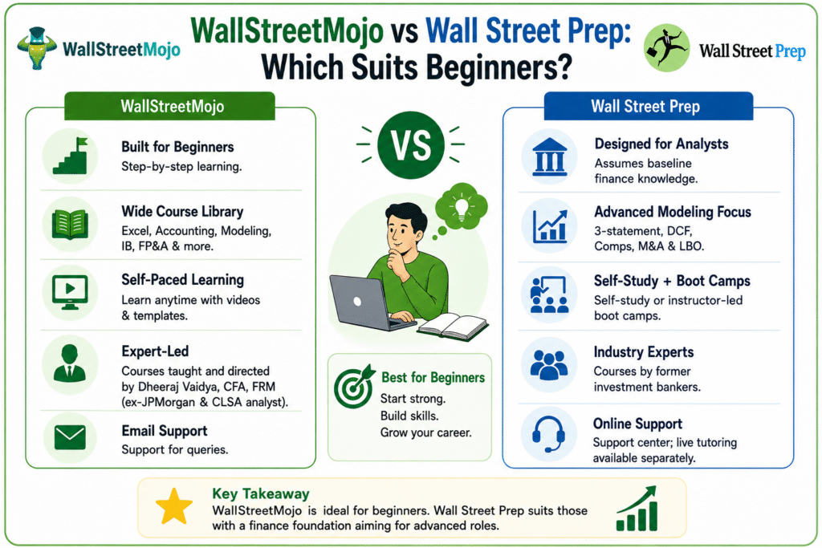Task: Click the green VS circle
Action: click(411, 145)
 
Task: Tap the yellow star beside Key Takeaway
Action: click(174, 506)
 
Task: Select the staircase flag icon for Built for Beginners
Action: click(71, 156)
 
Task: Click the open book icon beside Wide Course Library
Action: click(70, 224)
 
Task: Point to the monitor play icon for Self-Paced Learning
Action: click(71, 292)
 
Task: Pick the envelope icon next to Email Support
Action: click(70, 438)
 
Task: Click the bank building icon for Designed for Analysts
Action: click(549, 156)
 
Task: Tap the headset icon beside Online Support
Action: click(548, 434)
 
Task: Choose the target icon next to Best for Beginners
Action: click(354, 386)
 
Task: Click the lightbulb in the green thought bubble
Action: click(461, 207)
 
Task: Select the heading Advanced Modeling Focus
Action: click(673, 212)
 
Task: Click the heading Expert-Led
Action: click(155, 351)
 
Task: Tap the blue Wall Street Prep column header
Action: click(649, 106)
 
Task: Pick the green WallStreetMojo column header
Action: click(170, 106)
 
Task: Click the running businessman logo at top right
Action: click(667, 47)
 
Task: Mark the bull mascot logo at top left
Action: click(36, 48)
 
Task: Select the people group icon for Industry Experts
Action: click(549, 364)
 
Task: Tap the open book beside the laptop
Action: click(453, 326)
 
